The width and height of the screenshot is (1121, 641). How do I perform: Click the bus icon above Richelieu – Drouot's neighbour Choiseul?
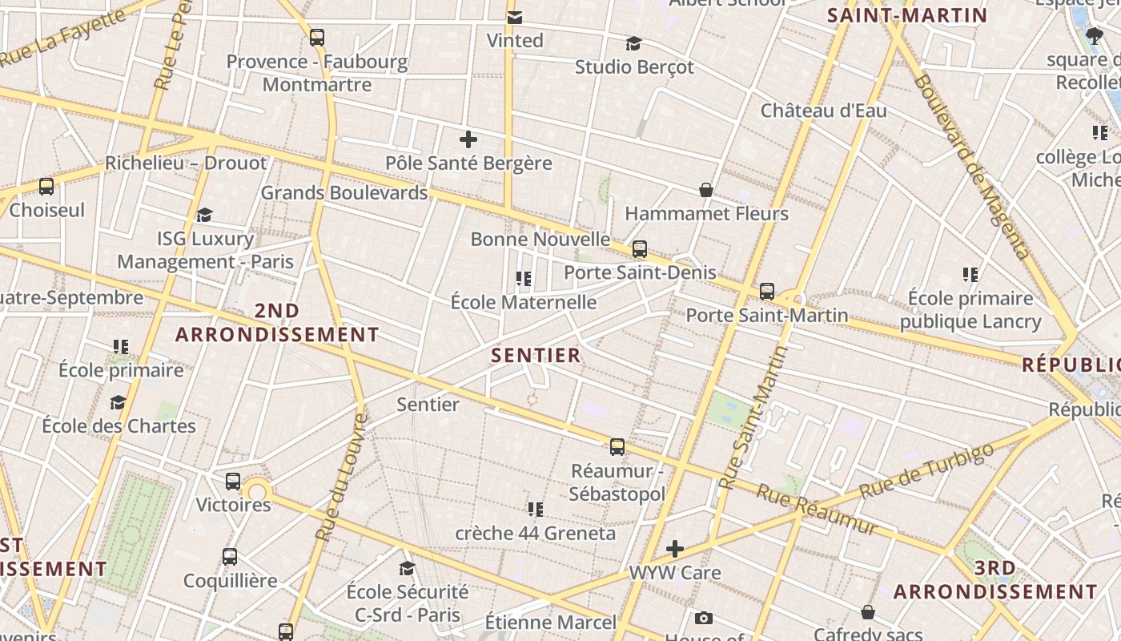46,187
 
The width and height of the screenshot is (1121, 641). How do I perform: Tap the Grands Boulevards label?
344,193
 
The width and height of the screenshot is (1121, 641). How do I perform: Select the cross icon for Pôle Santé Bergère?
468,140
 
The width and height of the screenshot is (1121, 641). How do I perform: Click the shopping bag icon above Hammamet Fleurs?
706,190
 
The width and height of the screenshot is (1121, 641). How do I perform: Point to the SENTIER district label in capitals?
536,355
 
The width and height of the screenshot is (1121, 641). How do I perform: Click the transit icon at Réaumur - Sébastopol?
617,447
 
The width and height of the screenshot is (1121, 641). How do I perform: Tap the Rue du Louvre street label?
340,478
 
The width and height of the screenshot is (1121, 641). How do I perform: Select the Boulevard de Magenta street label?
970,167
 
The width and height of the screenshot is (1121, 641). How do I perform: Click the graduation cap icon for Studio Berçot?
634,43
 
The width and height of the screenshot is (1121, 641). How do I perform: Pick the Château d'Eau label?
823,111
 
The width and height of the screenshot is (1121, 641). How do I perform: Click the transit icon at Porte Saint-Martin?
767,292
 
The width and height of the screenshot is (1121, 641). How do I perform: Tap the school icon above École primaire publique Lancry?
970,275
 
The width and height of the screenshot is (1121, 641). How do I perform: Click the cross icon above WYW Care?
675,549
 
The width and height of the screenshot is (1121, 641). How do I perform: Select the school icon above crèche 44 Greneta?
536,509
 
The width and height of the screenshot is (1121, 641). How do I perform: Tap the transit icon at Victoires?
233,482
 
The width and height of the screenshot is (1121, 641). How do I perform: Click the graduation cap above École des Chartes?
119,402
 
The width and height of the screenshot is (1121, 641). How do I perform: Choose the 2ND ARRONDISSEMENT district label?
277,323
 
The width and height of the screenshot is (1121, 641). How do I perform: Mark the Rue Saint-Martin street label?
753,417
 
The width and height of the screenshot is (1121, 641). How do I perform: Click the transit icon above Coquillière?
230,556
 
